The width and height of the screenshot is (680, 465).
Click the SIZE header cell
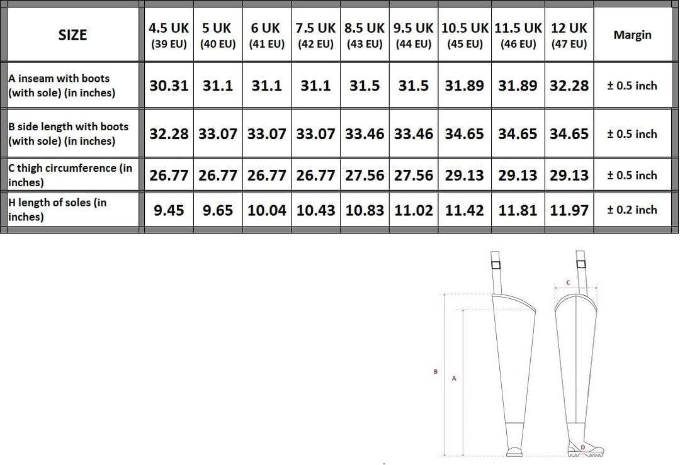pos(72,35)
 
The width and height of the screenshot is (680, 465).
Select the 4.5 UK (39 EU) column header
pos(169,35)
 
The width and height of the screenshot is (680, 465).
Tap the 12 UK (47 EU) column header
pos(569,35)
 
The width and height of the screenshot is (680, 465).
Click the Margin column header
pos(632,35)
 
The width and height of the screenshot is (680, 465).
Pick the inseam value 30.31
pos(169,86)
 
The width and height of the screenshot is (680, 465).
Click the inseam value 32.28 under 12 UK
pos(569,86)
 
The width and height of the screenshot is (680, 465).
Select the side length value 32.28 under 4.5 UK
pos(169,133)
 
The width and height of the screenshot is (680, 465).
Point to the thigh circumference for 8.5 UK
pos(365,175)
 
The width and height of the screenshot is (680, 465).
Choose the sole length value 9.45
pos(169,210)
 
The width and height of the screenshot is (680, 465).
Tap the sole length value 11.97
pos(569,210)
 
